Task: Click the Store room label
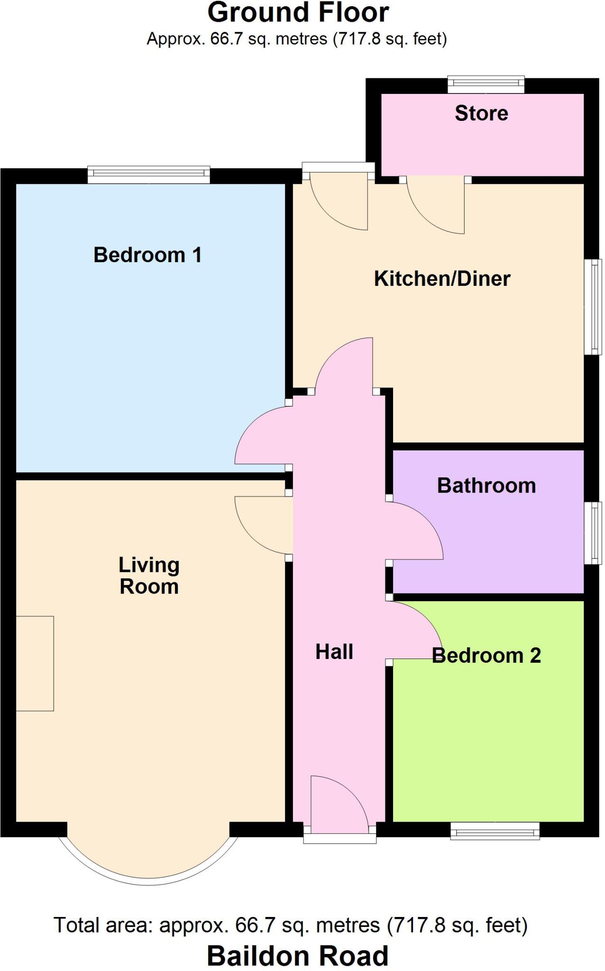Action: point(481,113)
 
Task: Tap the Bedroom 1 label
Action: point(147,255)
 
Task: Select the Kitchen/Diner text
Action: point(442,279)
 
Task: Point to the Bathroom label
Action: point(486,486)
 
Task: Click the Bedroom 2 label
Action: point(486,656)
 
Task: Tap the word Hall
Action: point(334,652)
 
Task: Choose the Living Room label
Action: point(149,576)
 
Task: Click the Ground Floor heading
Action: point(298,13)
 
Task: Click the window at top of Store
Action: point(486,84)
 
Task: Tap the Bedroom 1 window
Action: point(148,174)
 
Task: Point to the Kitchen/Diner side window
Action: point(593,306)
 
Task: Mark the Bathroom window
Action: point(593,533)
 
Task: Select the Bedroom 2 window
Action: point(495,831)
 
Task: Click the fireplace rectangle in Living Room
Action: point(35,663)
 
